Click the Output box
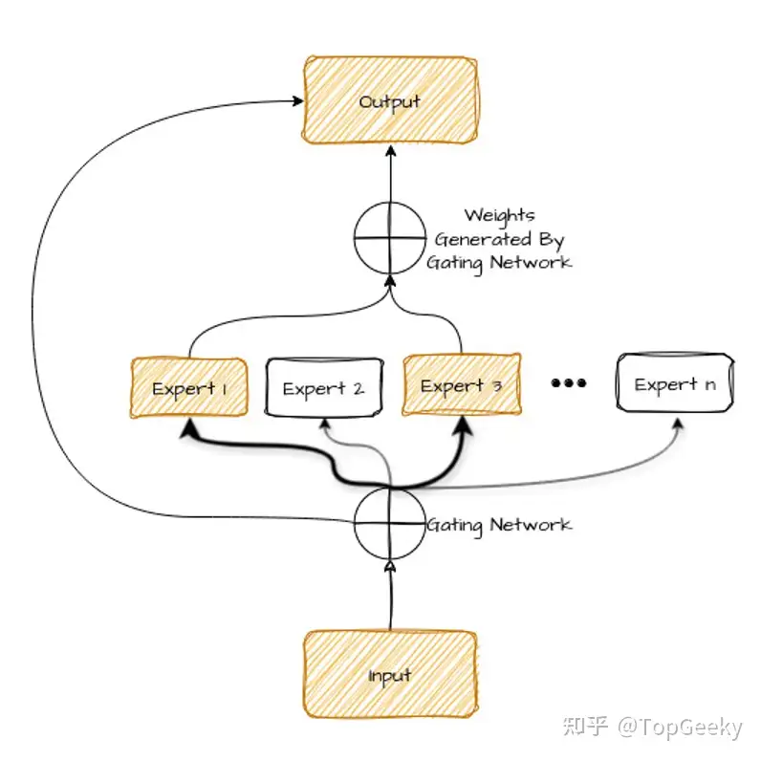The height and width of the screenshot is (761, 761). pos(390,100)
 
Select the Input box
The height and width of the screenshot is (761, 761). pos(390,675)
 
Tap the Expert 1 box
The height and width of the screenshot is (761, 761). pos(189,387)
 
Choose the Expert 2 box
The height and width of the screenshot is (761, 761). pos(324,387)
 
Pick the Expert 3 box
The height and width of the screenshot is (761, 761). pos(462,385)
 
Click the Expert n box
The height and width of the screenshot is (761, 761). pos(675,383)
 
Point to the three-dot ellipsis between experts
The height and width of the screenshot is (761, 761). pos(569,383)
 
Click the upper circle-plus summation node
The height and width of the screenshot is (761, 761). pos(390,238)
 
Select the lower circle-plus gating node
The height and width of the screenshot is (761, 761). pos(390,524)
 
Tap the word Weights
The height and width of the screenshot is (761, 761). pos(499,215)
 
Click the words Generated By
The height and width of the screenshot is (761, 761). pos(499,239)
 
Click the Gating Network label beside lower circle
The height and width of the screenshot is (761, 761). pos(499,525)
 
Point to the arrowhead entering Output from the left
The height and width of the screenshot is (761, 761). pos(297,101)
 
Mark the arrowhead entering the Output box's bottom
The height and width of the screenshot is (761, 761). pos(391,150)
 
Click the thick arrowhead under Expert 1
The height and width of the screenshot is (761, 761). pos(188,427)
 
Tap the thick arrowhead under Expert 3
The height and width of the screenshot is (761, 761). pos(464,425)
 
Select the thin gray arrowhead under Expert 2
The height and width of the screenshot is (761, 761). pos(326,424)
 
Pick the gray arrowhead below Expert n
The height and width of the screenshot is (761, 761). pos(679,424)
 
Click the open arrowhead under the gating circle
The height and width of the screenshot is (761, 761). pos(390,566)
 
